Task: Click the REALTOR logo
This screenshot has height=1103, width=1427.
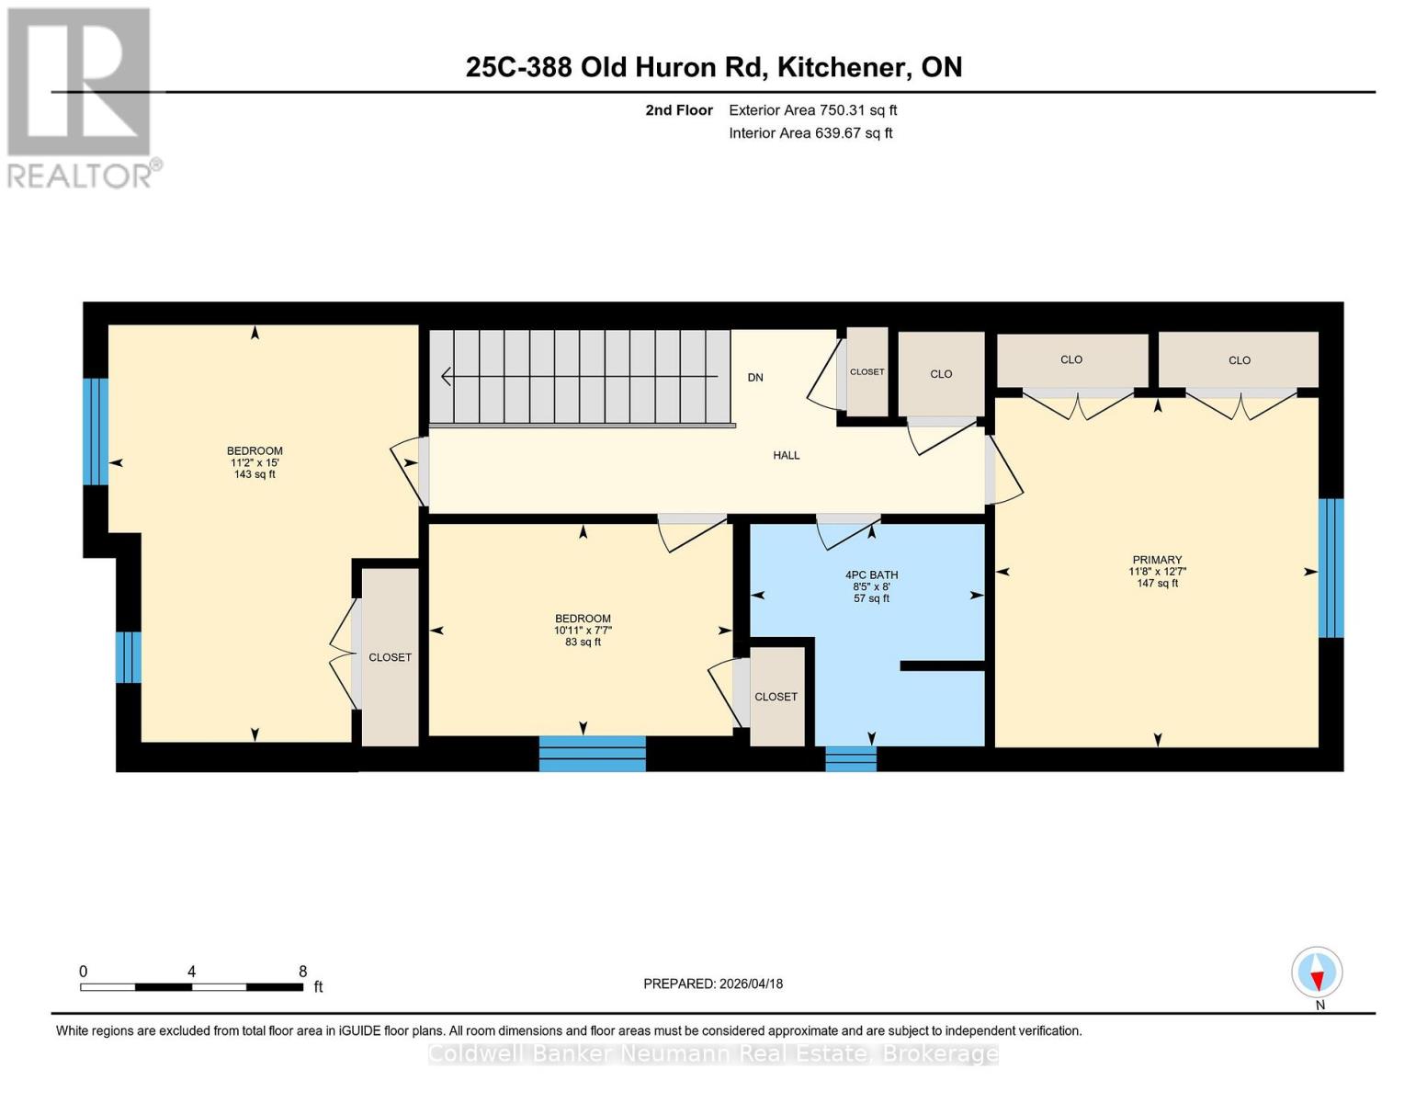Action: click(x=81, y=97)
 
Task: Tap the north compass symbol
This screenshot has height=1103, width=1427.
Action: click(x=1317, y=972)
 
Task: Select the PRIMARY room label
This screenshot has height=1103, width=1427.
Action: click(x=1157, y=560)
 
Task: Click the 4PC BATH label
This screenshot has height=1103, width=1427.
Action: click(x=871, y=575)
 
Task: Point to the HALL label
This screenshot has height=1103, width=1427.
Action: click(x=786, y=455)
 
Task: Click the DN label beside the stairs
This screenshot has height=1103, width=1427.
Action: click(x=755, y=378)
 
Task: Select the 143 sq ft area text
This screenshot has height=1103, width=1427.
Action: click(x=255, y=474)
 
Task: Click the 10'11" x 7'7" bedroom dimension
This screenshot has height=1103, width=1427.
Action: click(x=583, y=631)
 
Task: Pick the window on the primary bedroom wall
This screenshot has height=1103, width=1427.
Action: click(x=1331, y=568)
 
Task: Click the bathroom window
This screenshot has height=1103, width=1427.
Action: click(x=851, y=758)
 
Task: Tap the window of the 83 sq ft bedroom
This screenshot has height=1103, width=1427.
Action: click(x=592, y=753)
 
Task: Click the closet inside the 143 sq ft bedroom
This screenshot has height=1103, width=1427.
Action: click(x=391, y=657)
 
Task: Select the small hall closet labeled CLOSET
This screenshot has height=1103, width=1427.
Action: click(x=866, y=372)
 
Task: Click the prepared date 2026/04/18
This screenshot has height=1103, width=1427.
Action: click(x=712, y=984)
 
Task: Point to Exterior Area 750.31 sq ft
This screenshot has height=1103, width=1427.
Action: click(x=812, y=110)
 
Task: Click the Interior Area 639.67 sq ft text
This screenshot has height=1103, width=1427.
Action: click(x=810, y=133)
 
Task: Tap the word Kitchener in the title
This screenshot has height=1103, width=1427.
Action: click(x=839, y=67)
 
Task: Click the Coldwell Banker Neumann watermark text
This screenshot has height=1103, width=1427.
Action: click(x=713, y=1053)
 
